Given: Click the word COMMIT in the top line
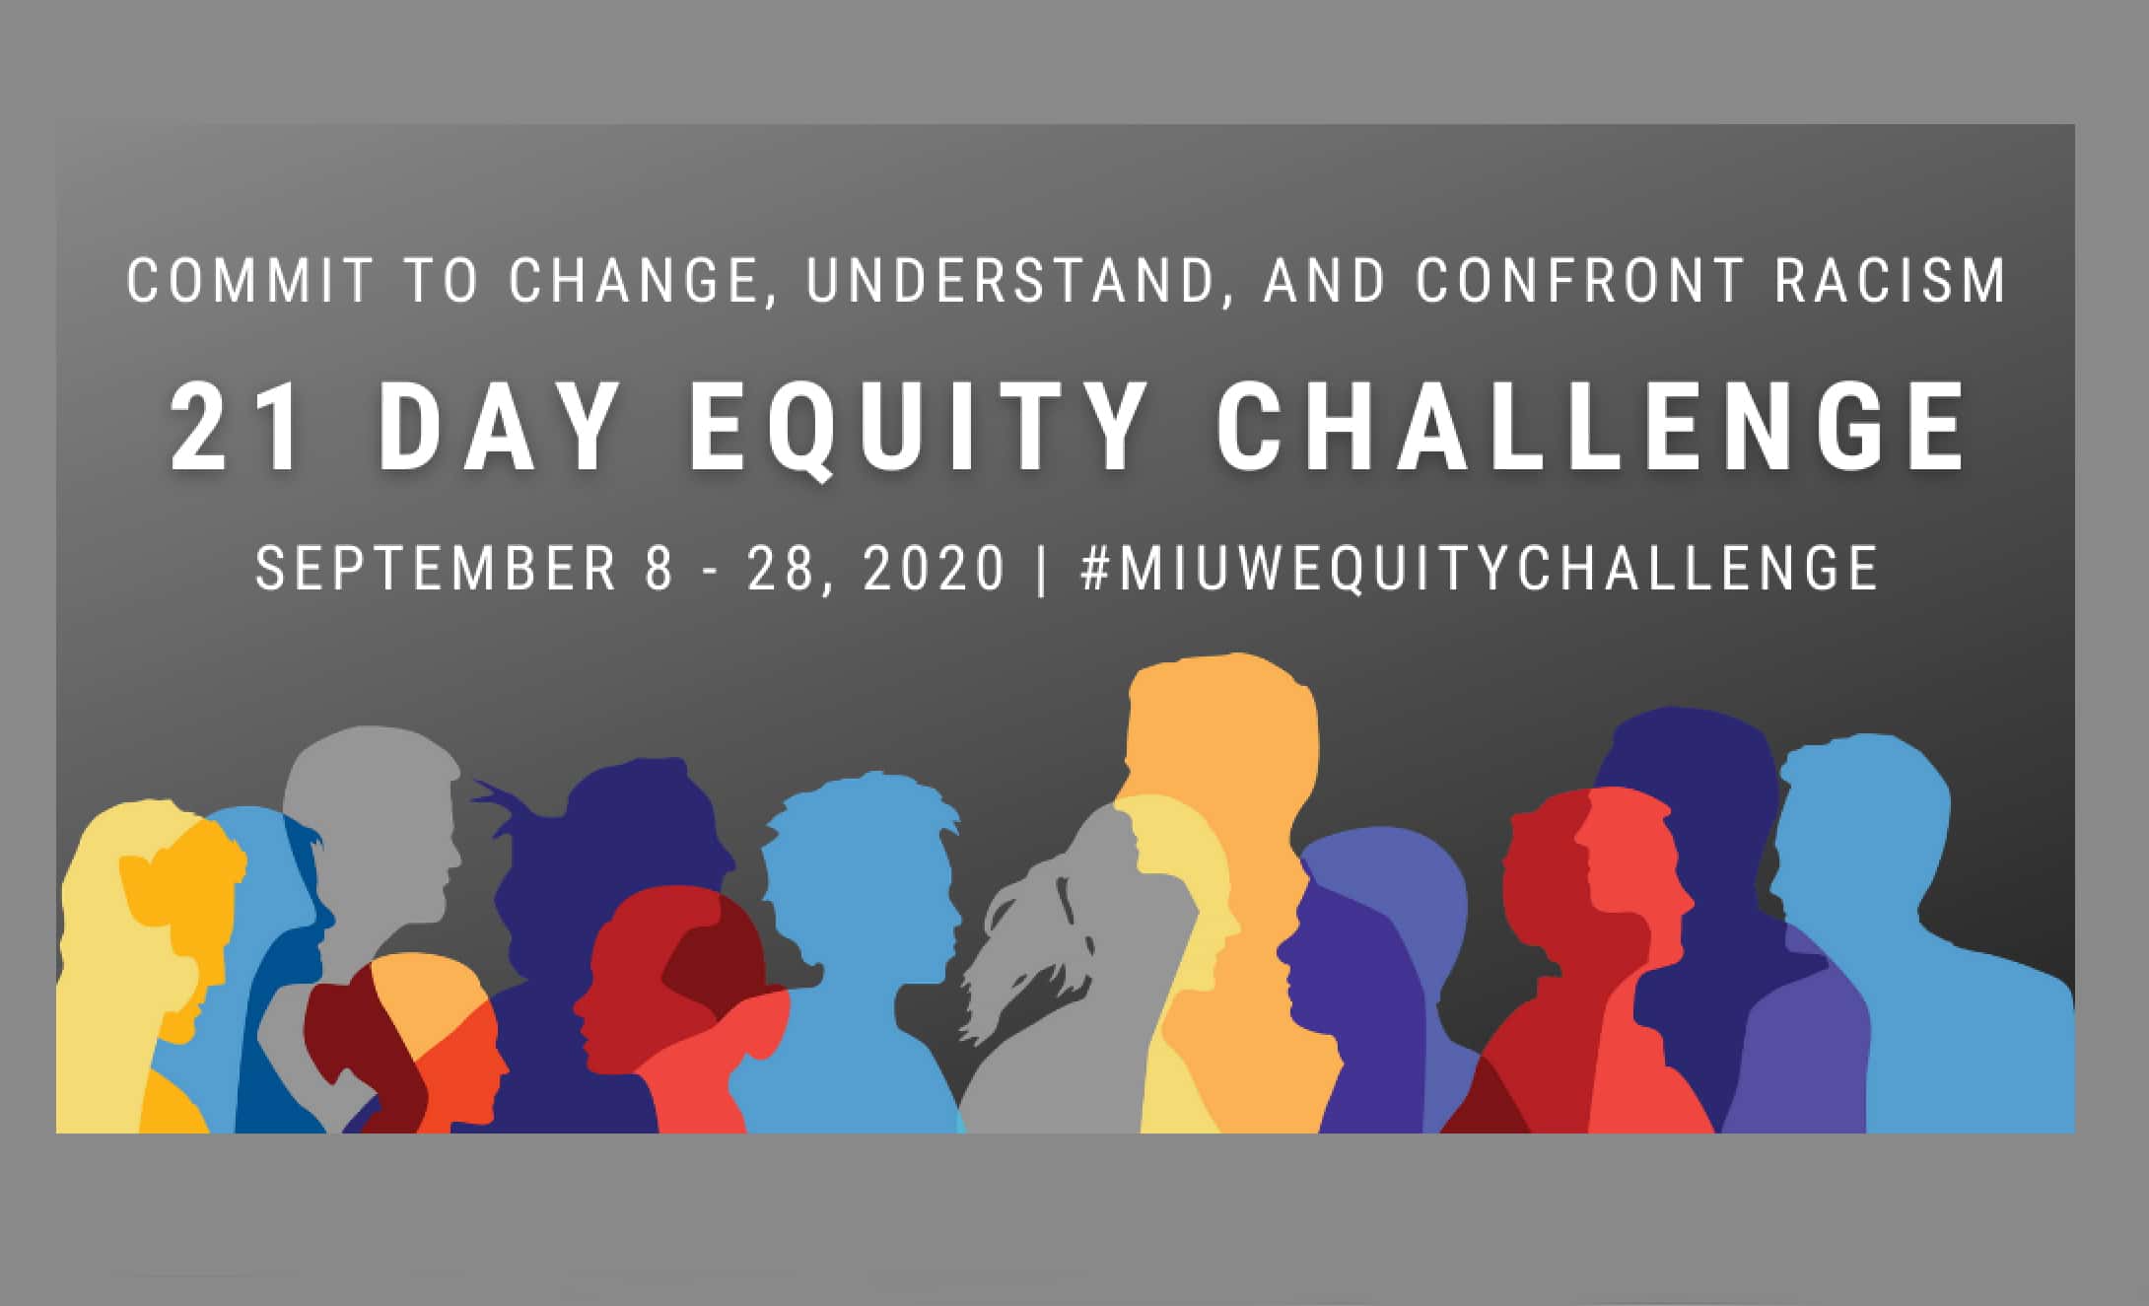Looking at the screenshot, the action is [x=250, y=280].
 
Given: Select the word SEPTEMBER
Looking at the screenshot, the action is [x=436, y=568].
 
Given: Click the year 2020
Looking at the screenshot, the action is [x=935, y=568].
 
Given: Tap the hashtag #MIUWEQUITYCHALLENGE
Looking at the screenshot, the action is [x=1479, y=568].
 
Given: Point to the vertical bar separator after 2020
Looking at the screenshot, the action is [x=1042, y=569].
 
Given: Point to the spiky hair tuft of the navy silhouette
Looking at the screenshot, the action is [x=503, y=798].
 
